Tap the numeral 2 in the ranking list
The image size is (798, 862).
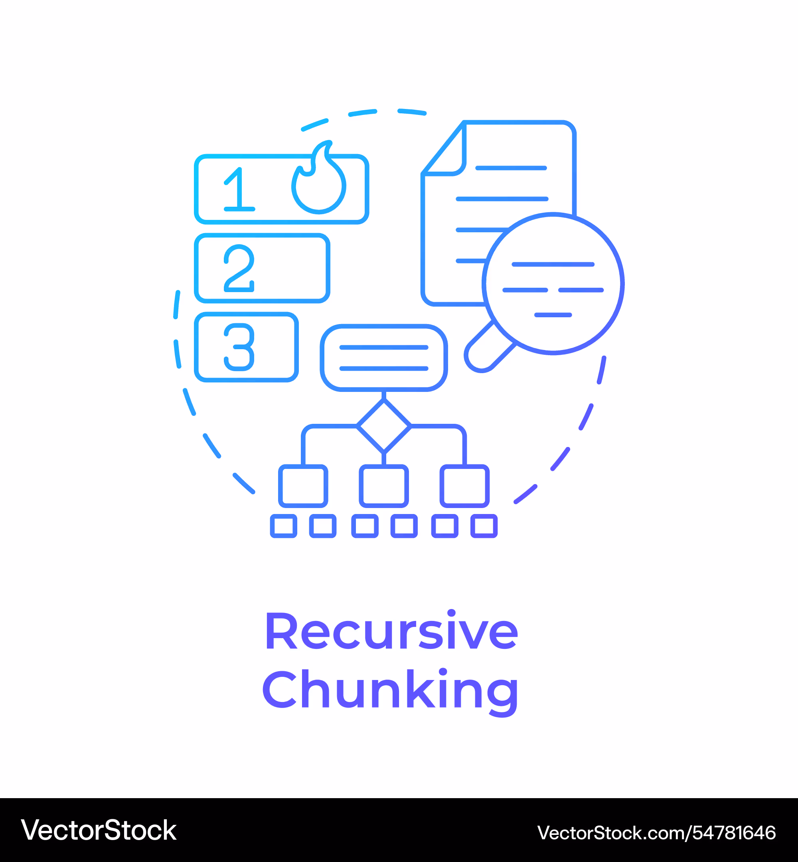tap(239, 268)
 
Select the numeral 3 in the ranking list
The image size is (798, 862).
tap(239, 347)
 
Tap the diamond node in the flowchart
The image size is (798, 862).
tap(384, 426)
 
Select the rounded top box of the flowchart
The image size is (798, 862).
tap(384, 358)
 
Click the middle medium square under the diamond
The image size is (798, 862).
tap(384, 486)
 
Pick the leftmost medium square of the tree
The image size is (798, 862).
tap(303, 486)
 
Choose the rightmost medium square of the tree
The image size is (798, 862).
tap(465, 486)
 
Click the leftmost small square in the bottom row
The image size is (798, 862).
tap(284, 526)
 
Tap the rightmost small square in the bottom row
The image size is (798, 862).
tap(484, 526)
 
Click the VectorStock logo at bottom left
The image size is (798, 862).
tap(99, 830)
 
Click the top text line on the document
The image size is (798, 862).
tap(511, 168)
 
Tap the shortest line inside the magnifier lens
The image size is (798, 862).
tap(553, 315)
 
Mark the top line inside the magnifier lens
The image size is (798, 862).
tap(553, 264)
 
